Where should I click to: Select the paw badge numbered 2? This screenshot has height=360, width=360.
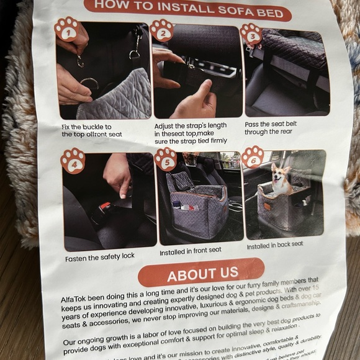click(x=161, y=30)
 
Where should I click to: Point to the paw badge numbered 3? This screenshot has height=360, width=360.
click(x=251, y=34)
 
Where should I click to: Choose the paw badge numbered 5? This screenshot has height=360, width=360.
click(x=165, y=159)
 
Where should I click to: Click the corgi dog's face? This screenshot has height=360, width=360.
click(x=281, y=176)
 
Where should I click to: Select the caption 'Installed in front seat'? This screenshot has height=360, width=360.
click(x=190, y=250)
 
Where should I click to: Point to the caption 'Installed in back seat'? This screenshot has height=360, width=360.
click(x=275, y=245)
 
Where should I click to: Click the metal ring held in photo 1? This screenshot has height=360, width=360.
click(x=89, y=83)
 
